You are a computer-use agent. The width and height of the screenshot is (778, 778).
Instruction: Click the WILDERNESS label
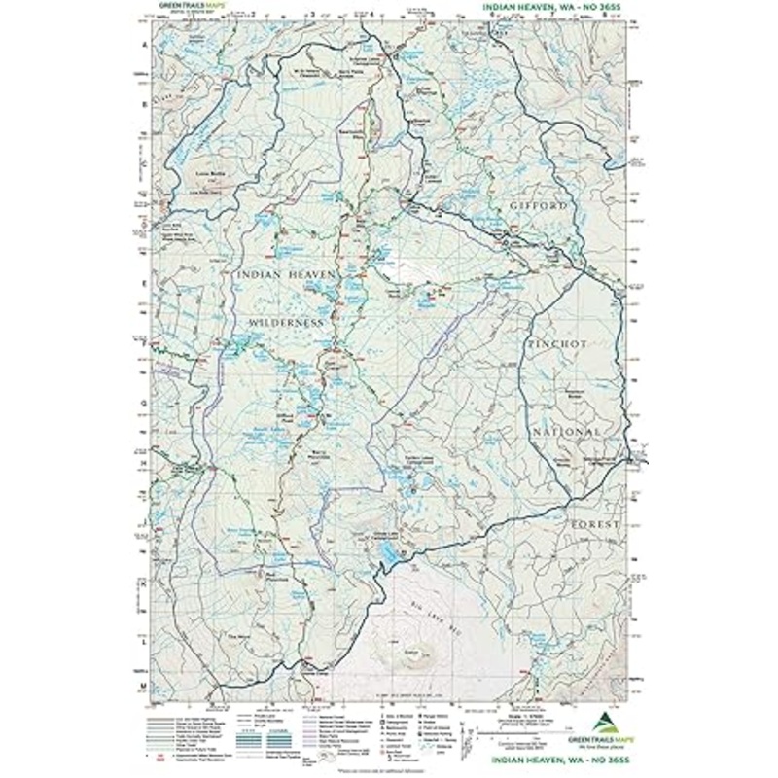284,321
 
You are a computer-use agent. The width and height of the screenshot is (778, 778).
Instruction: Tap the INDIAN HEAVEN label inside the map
286,275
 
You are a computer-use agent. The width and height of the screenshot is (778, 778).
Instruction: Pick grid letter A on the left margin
144,46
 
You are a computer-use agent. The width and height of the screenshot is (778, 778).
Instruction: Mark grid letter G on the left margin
144,401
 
